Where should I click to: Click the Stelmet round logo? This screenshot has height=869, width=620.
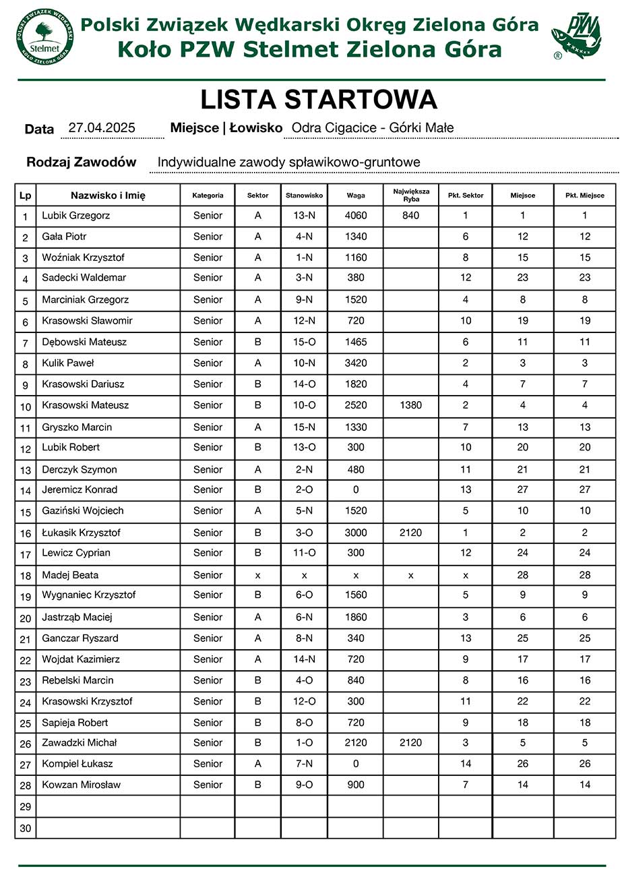[44, 36]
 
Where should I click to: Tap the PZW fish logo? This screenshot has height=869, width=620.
[576, 37]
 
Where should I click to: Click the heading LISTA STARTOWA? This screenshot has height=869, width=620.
[319, 100]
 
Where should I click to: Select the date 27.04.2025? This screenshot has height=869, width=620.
[102, 128]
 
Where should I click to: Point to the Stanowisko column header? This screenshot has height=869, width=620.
[305, 196]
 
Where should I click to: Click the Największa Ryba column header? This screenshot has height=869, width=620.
[410, 196]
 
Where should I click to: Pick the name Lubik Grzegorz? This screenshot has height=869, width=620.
[75, 216]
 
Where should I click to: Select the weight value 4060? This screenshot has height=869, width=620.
[356, 216]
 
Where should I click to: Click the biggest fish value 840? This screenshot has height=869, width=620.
[410, 216]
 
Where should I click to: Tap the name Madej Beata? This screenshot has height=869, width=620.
[70, 575]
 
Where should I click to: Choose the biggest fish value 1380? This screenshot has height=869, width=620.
[410, 405]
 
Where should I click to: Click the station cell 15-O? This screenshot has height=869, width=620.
[305, 342]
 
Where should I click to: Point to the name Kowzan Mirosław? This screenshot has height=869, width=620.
[82, 785]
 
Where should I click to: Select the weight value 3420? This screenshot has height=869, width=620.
[356, 363]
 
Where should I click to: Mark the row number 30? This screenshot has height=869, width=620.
[26, 828]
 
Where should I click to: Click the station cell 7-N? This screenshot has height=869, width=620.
[305, 764]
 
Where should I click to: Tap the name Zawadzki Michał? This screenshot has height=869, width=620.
[80, 742]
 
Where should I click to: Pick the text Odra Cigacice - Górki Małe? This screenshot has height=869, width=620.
[373, 128]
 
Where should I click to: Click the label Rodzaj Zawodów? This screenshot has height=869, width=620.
[81, 162]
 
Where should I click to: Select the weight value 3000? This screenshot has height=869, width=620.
[356, 533]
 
